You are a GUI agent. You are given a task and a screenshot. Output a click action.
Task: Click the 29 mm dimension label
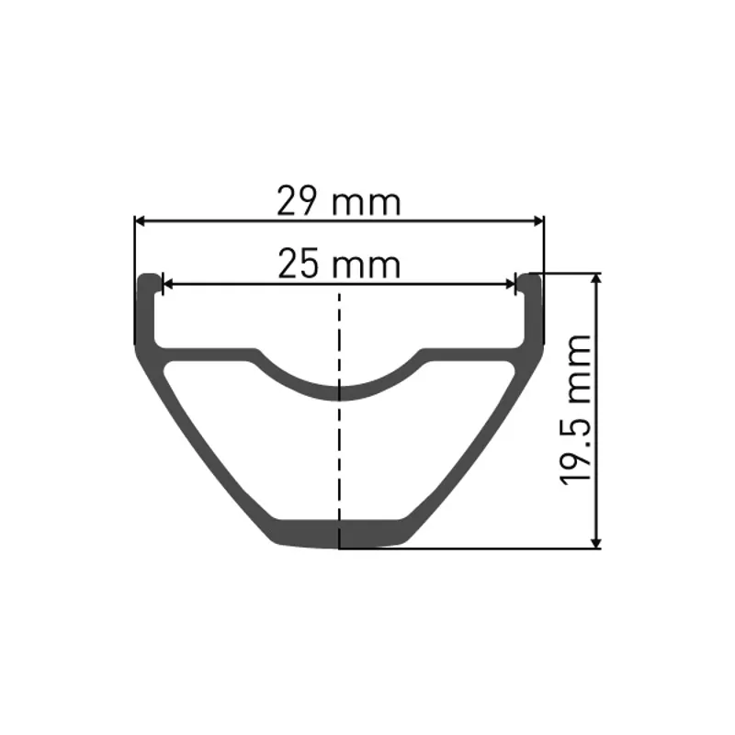click(x=339, y=202)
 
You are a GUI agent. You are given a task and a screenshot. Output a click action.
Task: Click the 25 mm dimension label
click(x=339, y=266)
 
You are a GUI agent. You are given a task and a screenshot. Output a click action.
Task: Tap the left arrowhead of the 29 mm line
click(x=141, y=220)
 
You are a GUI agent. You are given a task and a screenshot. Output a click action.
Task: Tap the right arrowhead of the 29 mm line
click(x=539, y=220)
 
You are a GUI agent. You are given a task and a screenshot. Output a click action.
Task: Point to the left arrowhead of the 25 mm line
click(x=167, y=285)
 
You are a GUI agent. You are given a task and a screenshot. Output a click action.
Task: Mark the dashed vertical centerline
click(x=340, y=441)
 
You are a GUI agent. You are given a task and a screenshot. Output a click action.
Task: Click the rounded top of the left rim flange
click(x=146, y=278)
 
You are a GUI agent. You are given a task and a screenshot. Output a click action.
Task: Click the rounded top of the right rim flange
click(x=530, y=278)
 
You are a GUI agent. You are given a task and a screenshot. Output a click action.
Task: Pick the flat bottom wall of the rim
click(x=340, y=535)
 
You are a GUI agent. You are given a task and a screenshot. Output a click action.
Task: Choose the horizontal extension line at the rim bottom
click(x=469, y=548)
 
